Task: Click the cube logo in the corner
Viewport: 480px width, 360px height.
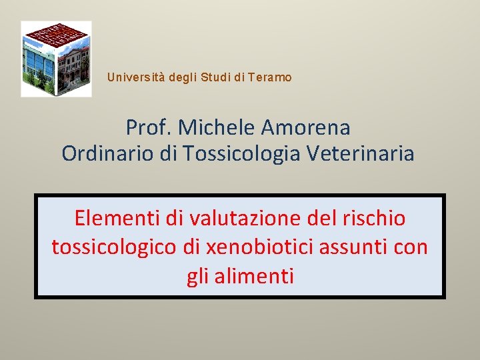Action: pos(56,59)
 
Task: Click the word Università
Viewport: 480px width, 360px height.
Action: pos(136,77)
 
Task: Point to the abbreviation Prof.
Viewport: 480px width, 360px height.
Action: pos(148,127)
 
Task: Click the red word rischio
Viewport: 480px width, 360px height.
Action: pos(376,218)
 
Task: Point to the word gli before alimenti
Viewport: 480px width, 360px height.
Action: pos(197,275)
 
